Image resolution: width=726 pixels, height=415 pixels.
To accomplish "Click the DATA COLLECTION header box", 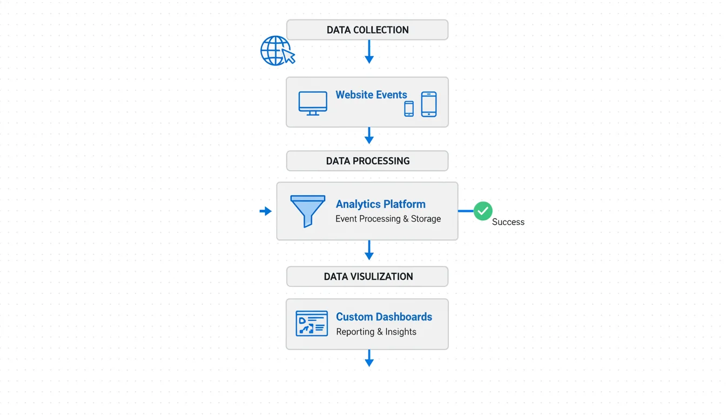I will coord(367,30).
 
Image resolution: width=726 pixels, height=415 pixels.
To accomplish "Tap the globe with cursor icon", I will coord(277,51).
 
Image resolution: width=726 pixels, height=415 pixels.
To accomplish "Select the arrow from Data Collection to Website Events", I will coord(369,52).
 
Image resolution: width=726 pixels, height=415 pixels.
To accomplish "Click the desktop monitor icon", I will coord(313,103).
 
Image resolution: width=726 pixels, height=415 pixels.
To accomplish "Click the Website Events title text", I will coord(371,95).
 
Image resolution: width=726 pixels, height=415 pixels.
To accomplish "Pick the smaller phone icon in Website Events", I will coord(409,109).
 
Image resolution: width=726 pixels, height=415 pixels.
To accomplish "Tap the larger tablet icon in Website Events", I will coord(429,104).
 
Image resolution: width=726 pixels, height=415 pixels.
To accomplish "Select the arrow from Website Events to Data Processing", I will coord(369,136).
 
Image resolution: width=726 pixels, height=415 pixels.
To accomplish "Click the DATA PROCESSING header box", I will coord(367,160).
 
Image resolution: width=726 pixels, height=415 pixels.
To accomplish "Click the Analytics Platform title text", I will coord(380,204).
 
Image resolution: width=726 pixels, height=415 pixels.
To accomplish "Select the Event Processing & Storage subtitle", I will coord(388,219).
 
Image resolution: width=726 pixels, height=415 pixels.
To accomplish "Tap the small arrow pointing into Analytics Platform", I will coord(265,211).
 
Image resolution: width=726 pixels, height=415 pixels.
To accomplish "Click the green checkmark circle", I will coord(483,211).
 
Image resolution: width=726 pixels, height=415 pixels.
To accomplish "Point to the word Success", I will coord(508,222).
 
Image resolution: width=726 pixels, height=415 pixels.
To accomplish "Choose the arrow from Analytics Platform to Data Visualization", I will coord(369,250).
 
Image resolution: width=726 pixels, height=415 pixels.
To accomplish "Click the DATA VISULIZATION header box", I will coord(367,276).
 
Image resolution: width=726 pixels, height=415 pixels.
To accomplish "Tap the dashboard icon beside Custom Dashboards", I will coord(312,323).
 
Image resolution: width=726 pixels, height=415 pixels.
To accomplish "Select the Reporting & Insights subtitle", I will coord(376,332).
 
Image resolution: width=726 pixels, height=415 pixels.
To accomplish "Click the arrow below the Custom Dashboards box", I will coord(369,358).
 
